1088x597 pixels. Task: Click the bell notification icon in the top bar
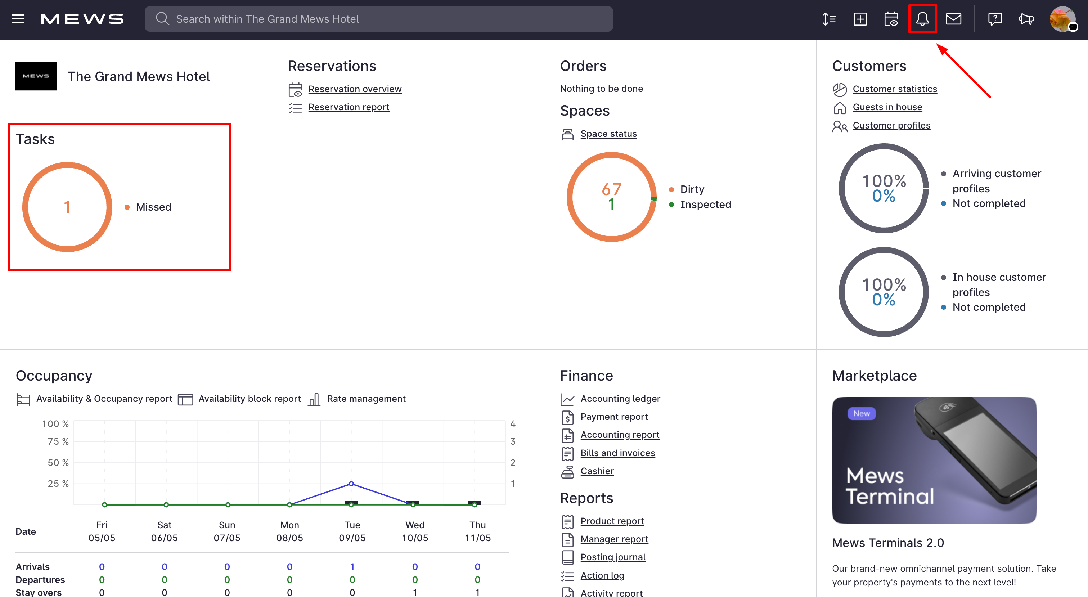coord(922,19)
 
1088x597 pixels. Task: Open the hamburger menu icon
coord(18,19)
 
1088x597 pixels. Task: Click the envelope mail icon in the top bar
coord(953,19)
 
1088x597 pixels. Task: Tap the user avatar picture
coord(1062,19)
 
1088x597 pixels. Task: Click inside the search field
coord(380,19)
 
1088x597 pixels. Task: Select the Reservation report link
coord(349,107)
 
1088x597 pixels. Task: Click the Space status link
coord(608,134)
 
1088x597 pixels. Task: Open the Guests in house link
coord(887,107)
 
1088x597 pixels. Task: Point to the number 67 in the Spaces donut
coord(611,189)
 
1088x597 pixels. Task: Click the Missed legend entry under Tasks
coord(153,207)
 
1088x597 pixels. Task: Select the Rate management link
coord(366,399)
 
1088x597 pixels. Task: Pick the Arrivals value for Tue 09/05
coord(352,567)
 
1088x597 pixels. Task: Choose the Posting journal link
coord(612,557)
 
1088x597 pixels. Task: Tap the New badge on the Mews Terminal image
coord(861,414)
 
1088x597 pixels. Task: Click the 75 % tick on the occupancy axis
coord(58,441)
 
